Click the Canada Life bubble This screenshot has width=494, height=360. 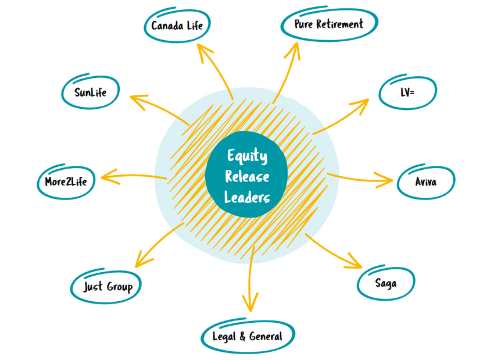[x=177, y=26]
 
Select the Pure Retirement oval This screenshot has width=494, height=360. [x=328, y=24]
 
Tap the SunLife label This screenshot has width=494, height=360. [x=91, y=92]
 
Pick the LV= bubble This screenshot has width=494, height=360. [x=407, y=91]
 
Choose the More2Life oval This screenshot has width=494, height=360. [x=66, y=181]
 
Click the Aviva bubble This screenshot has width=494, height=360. [x=426, y=182]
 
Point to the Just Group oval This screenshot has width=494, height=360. [x=108, y=286]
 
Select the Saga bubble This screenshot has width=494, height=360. [x=386, y=283]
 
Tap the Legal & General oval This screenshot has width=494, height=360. [x=248, y=336]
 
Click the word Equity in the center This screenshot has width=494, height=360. [x=247, y=155]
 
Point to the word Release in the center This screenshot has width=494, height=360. [x=247, y=176]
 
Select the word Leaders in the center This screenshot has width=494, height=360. [x=247, y=197]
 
